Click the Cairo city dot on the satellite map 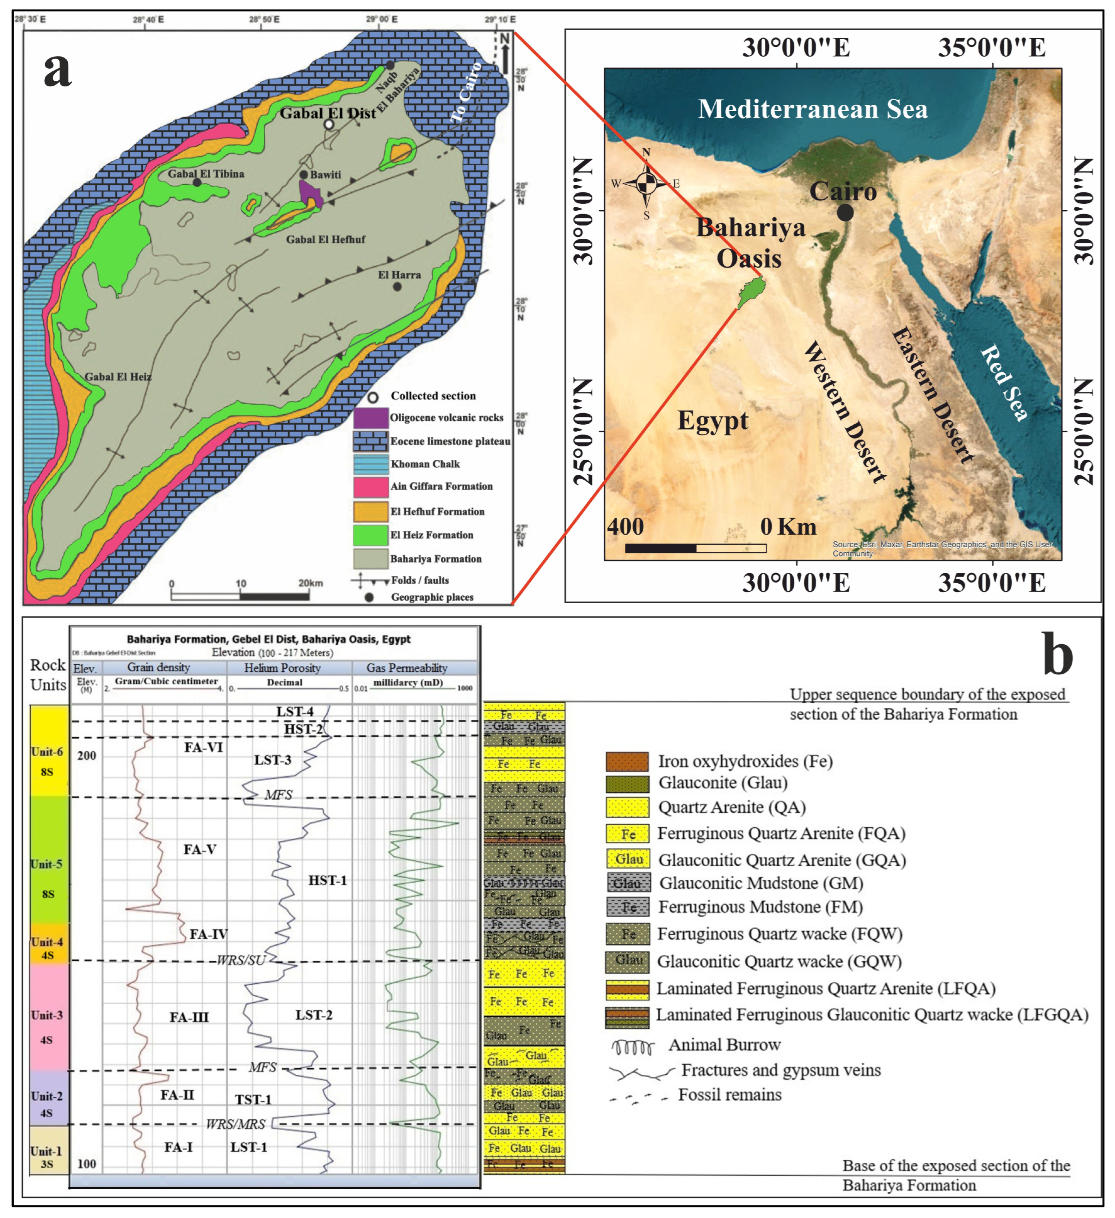(x=845, y=213)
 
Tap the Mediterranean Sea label (x=812, y=109)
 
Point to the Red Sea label (x=1003, y=382)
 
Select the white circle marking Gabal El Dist (x=329, y=125)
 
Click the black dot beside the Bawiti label (x=304, y=175)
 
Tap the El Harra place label (x=399, y=275)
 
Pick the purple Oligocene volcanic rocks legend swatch (x=371, y=418)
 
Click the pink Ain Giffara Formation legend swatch (x=371, y=486)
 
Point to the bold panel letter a (x=58, y=69)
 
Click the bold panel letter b (x=1058, y=654)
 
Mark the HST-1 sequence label (x=328, y=880)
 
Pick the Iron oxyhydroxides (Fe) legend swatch (x=627, y=761)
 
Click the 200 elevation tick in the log (x=86, y=756)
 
